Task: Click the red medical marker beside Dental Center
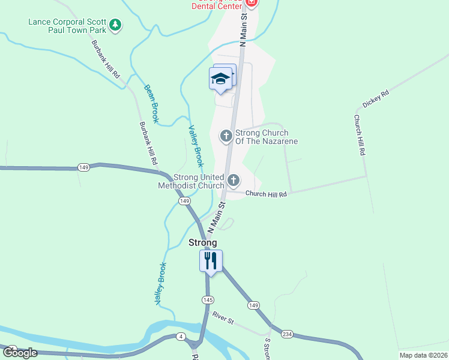click(252, 3)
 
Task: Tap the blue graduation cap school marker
click(220, 79)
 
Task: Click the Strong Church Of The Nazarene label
click(267, 137)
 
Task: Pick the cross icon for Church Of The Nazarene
click(226, 136)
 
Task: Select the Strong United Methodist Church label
click(199, 181)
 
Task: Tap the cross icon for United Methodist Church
click(234, 180)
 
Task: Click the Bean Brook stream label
click(151, 104)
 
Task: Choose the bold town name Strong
click(203, 242)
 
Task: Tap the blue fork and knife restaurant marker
click(211, 260)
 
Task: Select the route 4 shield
click(179, 337)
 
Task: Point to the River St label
click(222, 317)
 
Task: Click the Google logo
click(20, 353)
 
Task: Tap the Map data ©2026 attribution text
click(422, 355)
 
